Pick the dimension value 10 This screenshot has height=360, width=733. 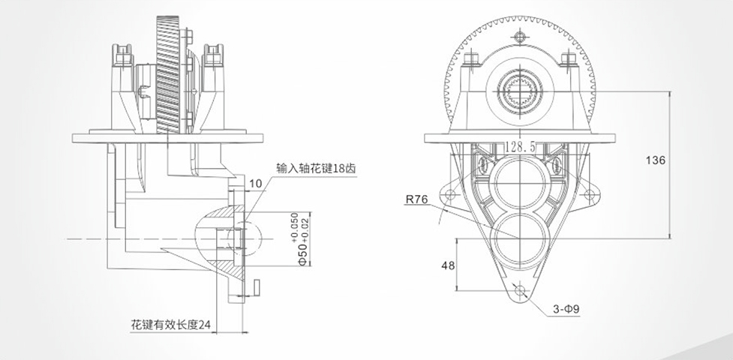[257, 183]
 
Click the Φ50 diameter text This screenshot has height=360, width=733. [303, 252]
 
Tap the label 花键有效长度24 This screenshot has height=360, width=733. [170, 325]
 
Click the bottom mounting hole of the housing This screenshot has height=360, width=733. [518, 289]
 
